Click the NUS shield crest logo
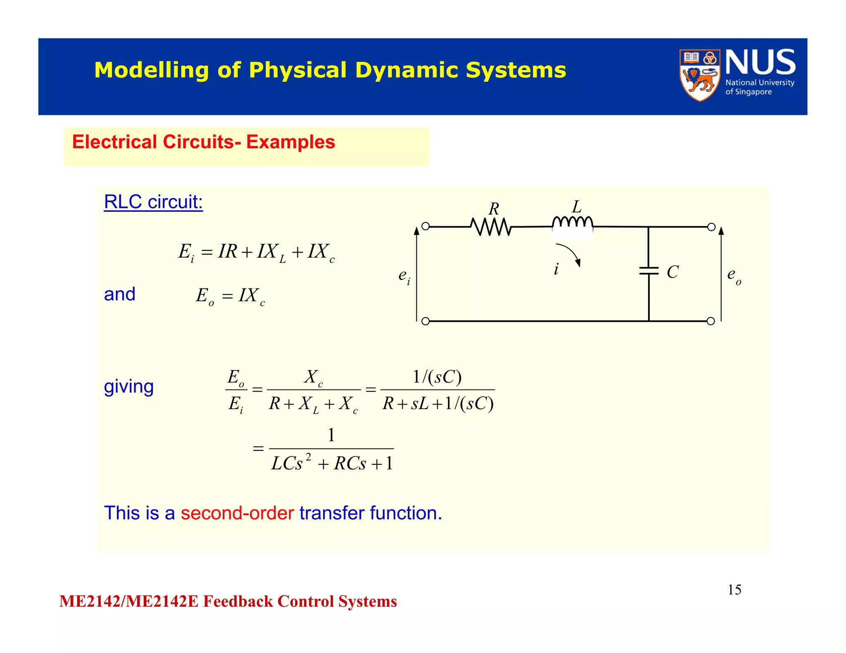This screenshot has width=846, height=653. point(699,75)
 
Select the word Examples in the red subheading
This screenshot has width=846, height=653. point(290,142)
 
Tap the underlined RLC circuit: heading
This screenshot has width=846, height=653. point(153,202)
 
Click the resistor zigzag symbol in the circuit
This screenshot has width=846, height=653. point(491,227)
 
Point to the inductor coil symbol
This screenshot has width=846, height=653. point(573,222)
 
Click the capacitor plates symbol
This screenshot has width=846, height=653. point(649,271)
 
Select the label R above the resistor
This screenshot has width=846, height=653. point(494,209)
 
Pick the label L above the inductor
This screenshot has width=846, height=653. point(577,207)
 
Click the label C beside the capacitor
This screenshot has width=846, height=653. point(673,272)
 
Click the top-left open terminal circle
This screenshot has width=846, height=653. point(425,226)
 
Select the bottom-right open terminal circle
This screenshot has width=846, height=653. point(711,321)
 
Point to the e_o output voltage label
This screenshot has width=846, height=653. point(734,275)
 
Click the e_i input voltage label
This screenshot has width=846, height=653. point(404,276)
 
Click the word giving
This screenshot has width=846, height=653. point(128,387)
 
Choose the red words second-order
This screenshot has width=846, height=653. point(237,513)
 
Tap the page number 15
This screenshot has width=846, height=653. point(734,590)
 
